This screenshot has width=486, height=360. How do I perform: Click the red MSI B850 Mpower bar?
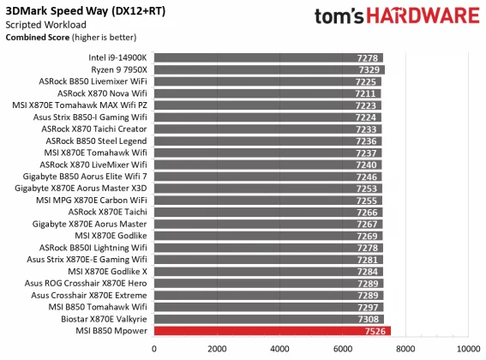[x=273, y=330]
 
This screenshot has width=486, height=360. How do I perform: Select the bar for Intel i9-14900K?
[x=268, y=57]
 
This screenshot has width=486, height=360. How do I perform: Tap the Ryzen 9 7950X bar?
[x=269, y=69]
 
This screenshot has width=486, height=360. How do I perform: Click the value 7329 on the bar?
[x=369, y=69]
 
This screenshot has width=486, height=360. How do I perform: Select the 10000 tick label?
[x=467, y=349]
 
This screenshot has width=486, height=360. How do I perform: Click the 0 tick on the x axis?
[x=154, y=349]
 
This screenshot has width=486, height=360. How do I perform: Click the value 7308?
[x=369, y=318]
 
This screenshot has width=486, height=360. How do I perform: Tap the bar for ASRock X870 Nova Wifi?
[x=267, y=93]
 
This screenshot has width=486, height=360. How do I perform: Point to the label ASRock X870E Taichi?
[x=108, y=211]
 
